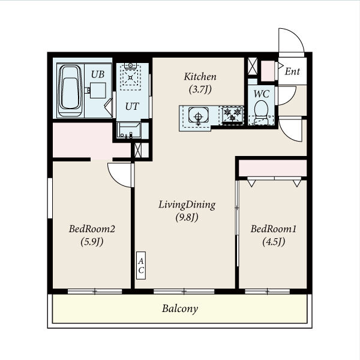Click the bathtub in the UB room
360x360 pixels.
pyautogui.click(x=70, y=91)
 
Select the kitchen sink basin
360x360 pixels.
pyautogui.click(x=199, y=115)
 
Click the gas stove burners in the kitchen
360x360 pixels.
pyautogui.click(x=232, y=115)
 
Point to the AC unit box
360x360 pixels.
pyautogui.click(x=141, y=265)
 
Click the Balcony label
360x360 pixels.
pyautogui.click(x=180, y=309)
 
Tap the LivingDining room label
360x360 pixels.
pyautogui.click(x=187, y=205)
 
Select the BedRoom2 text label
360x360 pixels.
pyautogui.click(x=92, y=229)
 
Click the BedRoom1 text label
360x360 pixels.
pyautogui.click(x=274, y=229)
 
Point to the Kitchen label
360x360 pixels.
pyautogui.click(x=200, y=77)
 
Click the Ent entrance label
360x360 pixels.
pyautogui.click(x=292, y=71)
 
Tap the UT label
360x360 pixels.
pyautogui.click(x=132, y=106)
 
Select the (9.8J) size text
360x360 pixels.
pyautogui.click(x=187, y=217)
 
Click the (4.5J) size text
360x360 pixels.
pyautogui.click(x=274, y=242)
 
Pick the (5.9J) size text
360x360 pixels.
pyautogui.click(x=92, y=242)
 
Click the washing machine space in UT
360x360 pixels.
pyautogui.click(x=130, y=77)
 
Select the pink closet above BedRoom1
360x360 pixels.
pyautogui.click(x=273, y=168)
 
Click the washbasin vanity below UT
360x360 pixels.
pyautogui.click(x=129, y=130)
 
